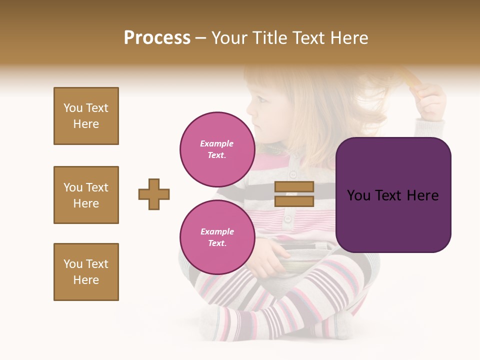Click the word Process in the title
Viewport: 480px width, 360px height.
157,38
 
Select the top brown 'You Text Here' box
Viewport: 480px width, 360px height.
86,116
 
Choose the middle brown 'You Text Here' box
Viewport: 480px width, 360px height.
86,195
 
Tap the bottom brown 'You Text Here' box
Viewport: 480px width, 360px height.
86,272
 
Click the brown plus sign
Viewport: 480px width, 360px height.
154,194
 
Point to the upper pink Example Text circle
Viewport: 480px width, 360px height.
217,149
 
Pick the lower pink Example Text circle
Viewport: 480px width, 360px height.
217,237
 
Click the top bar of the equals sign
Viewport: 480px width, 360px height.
294,187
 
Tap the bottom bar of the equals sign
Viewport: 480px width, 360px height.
294,201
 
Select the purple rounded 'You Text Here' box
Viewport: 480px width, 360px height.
393,195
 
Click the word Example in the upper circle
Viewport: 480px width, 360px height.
217,143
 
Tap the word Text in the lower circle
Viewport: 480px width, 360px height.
217,243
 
